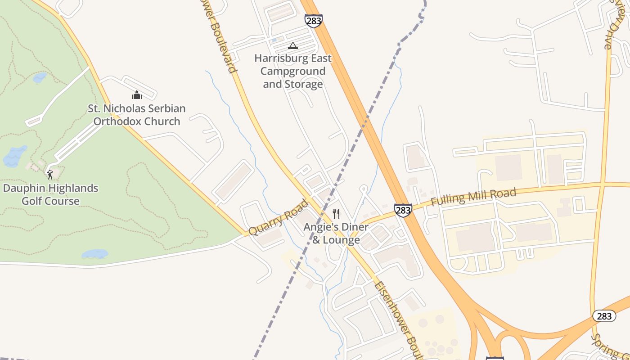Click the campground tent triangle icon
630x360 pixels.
click(293, 45)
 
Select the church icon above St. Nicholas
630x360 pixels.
click(137, 95)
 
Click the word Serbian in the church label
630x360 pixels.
click(162, 108)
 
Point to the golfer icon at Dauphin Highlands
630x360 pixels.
click(50, 175)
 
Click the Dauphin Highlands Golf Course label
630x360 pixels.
click(50, 194)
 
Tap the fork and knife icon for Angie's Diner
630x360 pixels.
click(336, 214)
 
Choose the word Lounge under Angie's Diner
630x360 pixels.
click(342, 240)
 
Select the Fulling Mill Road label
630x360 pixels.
click(473, 197)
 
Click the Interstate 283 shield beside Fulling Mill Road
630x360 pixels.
click(403, 210)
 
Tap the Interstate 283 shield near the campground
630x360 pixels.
click(313, 21)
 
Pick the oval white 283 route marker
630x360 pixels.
click(604, 316)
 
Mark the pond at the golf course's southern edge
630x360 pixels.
click(94, 254)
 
